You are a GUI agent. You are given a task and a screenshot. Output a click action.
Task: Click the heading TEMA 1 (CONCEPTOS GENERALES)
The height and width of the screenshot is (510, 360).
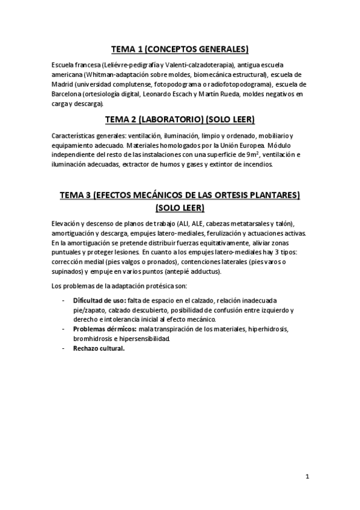(x=180, y=49)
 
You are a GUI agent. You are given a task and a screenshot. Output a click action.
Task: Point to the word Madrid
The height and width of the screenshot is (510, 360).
(x=65, y=84)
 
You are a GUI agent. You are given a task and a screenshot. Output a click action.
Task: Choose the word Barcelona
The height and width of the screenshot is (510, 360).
(x=71, y=94)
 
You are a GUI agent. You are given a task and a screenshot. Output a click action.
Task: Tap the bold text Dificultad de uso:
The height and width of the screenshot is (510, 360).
(x=99, y=300)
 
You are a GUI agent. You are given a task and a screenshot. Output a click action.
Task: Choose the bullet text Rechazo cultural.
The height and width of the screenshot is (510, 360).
(x=99, y=348)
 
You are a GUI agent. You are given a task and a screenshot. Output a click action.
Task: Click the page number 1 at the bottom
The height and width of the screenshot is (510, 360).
(x=307, y=477)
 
